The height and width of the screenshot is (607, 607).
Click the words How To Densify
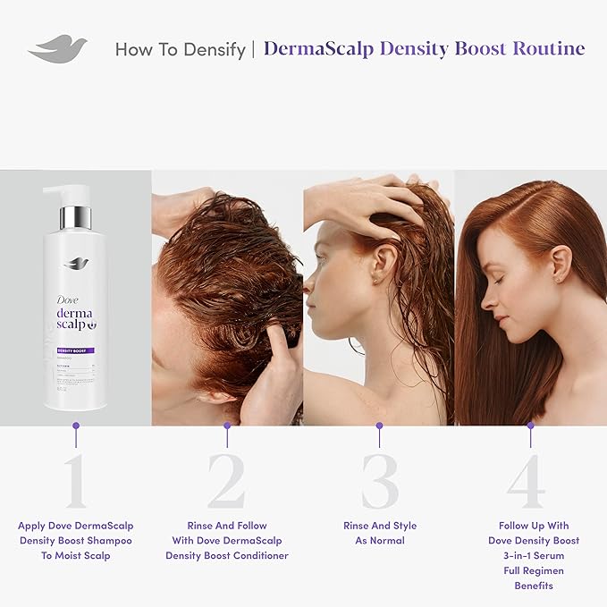tap(180, 49)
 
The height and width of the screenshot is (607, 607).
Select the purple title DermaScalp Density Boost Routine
tap(425, 48)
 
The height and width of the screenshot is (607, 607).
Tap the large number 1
tap(76, 483)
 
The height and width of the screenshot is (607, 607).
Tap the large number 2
tap(226, 483)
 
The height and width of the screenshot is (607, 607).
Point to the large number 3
tap(379, 483)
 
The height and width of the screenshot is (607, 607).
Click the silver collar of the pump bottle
tap(76, 217)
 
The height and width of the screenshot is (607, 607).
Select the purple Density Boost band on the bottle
tap(76, 350)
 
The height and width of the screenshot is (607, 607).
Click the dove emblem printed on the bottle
tap(76, 263)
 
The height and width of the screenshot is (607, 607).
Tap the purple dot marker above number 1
tap(76, 426)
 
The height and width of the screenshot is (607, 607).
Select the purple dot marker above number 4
tap(531, 426)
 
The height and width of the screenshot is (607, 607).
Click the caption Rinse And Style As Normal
tap(380, 533)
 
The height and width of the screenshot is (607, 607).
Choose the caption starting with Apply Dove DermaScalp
tap(76, 540)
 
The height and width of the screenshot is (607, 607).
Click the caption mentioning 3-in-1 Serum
tap(533, 555)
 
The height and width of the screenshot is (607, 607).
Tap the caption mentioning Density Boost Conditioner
tap(227, 540)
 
